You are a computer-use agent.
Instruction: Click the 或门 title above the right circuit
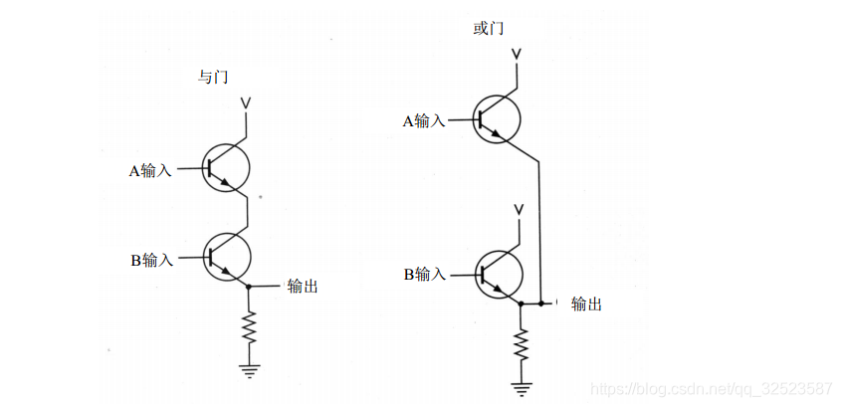point(489,28)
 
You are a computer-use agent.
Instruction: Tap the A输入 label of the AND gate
point(150,170)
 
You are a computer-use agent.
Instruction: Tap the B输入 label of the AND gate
point(151,261)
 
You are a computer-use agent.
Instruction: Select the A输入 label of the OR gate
point(423,121)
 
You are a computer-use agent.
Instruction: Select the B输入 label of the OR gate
point(423,274)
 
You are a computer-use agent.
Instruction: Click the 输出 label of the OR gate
point(586,305)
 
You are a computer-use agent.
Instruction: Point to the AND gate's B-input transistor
point(227,257)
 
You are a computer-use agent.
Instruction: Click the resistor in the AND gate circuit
point(249,325)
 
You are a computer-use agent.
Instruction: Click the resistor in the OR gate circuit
point(521,343)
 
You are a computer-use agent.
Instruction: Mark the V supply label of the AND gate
point(249,103)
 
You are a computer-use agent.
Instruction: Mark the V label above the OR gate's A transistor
point(518,53)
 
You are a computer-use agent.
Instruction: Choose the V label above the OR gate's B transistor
point(518,209)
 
